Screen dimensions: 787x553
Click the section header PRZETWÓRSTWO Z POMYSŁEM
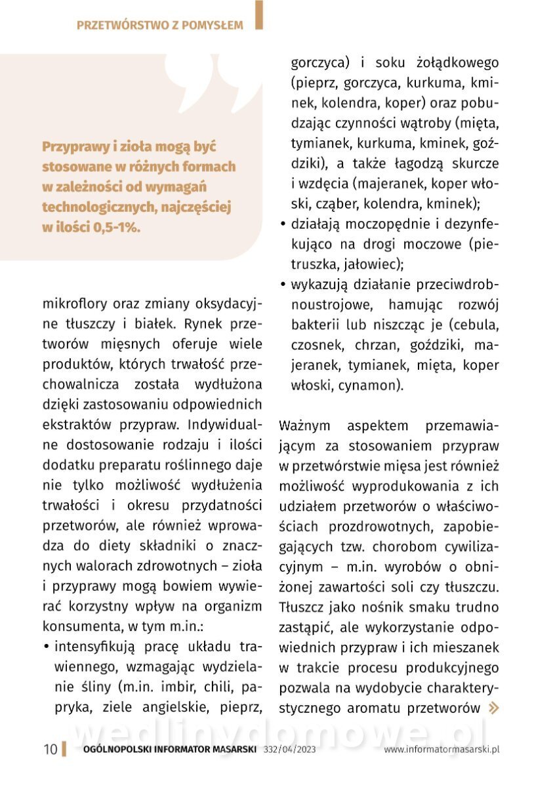(160, 26)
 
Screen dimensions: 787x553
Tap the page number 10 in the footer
(51, 750)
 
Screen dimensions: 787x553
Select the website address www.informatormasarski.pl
(442, 750)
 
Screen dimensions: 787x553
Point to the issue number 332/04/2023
(290, 750)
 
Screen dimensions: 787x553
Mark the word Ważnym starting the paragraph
(306, 426)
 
